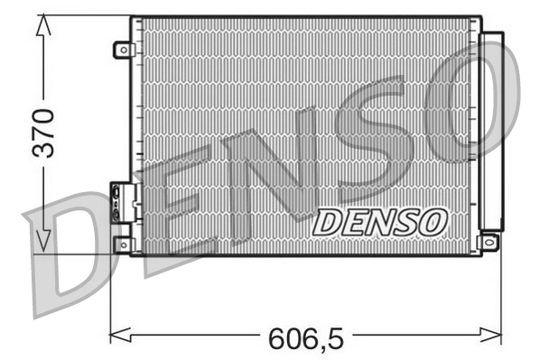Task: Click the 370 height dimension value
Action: click(x=42, y=134)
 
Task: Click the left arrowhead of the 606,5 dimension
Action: click(x=115, y=336)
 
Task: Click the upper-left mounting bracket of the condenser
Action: click(x=123, y=50)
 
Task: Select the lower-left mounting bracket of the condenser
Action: click(x=123, y=244)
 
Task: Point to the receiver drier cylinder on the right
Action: click(x=491, y=131)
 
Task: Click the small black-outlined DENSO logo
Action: click(x=380, y=221)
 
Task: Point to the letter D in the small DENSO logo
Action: click(x=328, y=222)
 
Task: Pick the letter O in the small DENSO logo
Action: click(x=432, y=221)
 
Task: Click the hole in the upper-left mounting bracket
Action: click(x=120, y=51)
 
